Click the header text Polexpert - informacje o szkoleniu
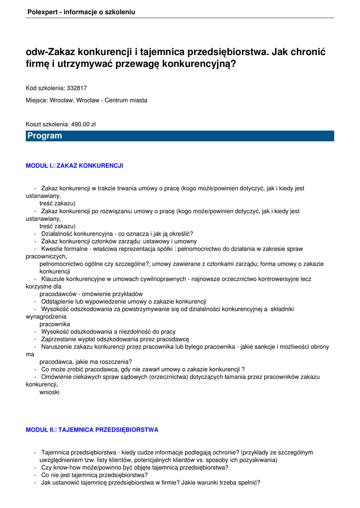[x=81, y=12]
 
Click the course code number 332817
[x=77, y=88]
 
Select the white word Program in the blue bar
[x=45, y=136]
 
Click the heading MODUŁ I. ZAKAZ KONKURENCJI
[x=74, y=166]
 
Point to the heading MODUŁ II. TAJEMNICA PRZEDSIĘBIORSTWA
[x=92, y=430]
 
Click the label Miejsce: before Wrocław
[x=37, y=100]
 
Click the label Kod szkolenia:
[x=45, y=88]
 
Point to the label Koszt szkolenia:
[x=48, y=125]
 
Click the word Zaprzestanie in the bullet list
[x=58, y=339]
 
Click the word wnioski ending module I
[x=50, y=392]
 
